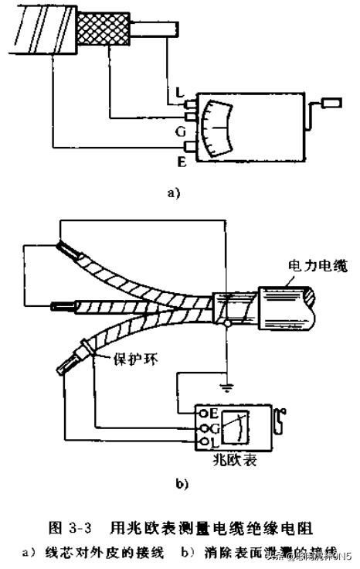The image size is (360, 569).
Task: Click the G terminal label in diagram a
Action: (179, 131)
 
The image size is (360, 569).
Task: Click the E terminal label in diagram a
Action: (182, 162)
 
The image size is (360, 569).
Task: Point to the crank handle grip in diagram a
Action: (330, 101)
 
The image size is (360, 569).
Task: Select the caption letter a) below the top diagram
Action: (172, 194)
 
